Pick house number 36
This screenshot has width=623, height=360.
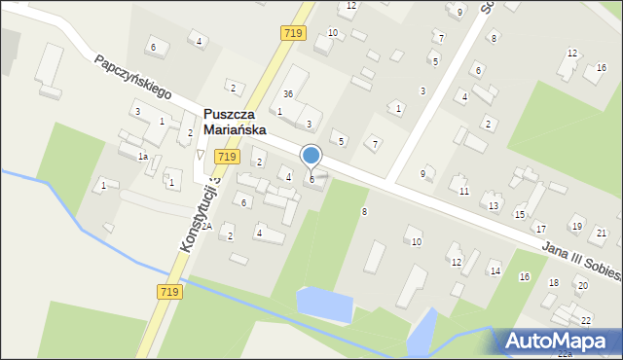tap(288, 93)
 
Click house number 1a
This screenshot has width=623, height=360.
tap(142, 157)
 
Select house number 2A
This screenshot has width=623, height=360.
tap(206, 226)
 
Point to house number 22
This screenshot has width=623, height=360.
tap(585, 320)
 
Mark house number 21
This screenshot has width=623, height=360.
tap(602, 234)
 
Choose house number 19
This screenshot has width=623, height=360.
tap(576, 227)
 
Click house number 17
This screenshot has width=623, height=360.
tap(540, 229)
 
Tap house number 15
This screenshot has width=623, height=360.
tap(520, 214)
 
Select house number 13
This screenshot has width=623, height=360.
tap(494, 206)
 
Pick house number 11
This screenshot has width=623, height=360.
tap(464, 191)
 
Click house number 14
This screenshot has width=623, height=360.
tap(495, 270)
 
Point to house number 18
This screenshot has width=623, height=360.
tap(554, 283)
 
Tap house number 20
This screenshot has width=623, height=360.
tap(582, 286)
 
